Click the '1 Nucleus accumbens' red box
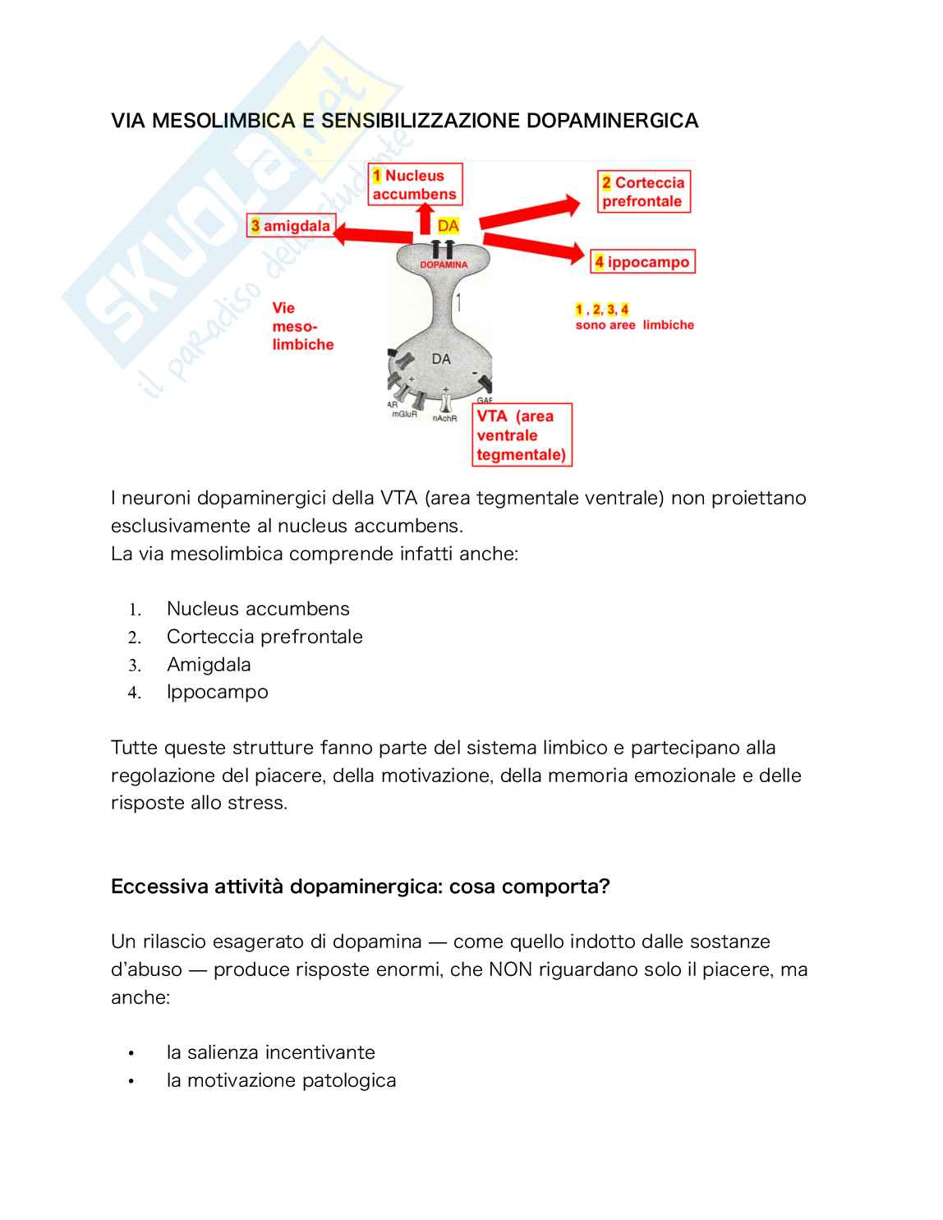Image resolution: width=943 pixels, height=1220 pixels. coord(415,185)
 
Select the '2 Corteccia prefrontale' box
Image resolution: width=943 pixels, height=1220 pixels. coord(643,192)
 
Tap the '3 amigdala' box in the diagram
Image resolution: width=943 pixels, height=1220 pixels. coord(290,226)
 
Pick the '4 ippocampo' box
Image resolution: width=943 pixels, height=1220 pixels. coord(643,262)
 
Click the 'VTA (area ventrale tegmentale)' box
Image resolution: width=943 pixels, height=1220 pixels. coord(522,435)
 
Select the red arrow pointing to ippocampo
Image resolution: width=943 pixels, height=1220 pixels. coord(534,246)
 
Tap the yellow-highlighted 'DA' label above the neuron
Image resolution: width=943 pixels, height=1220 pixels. coord(448,226)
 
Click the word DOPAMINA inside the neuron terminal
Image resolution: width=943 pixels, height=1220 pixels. coord(444,265)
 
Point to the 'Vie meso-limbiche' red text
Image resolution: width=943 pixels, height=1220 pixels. coord(301,326)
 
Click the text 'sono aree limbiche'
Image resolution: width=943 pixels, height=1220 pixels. coord(634,325)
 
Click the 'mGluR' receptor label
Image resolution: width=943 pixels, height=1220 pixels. coord(404,415)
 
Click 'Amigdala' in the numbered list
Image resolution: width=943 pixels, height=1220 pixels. coord(209,664)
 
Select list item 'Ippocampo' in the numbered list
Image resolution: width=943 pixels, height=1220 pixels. coord(217,692)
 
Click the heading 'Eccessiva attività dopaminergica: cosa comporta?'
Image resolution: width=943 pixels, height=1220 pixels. coord(360,887)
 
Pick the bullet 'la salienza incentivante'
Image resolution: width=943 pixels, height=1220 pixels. coord(270,1052)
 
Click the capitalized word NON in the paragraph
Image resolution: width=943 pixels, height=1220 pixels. coord(511,969)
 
